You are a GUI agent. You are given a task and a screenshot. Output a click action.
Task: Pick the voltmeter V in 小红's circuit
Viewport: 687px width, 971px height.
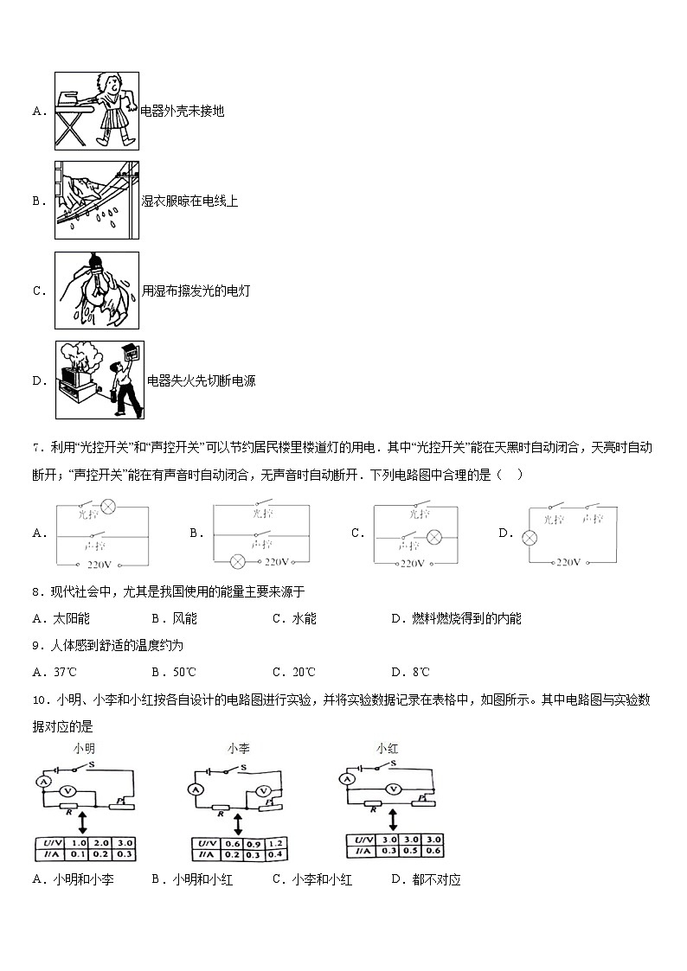395,788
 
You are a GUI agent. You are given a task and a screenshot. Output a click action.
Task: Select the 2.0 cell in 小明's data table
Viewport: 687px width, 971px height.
102,842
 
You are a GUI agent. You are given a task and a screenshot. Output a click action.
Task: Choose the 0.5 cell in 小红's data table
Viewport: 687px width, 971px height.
410,851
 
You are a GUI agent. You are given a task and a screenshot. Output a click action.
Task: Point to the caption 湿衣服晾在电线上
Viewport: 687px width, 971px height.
189,201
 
